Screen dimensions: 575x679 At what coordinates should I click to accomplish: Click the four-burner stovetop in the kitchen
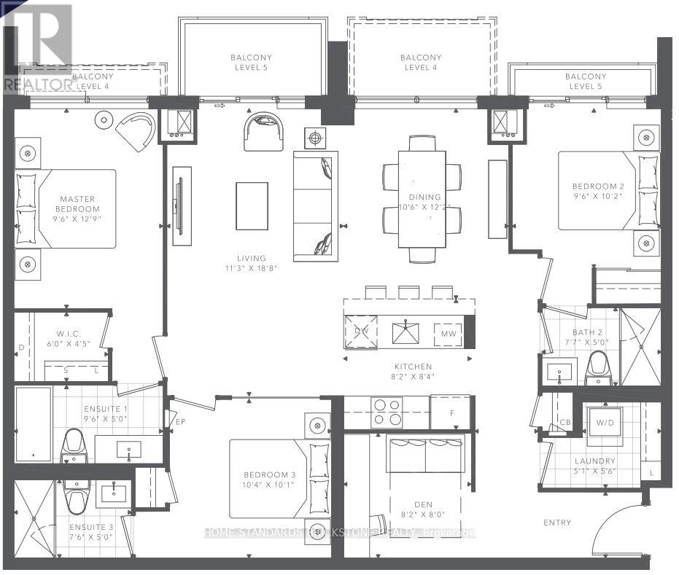pos(387,412)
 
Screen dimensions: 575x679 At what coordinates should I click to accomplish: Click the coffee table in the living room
pos(252,206)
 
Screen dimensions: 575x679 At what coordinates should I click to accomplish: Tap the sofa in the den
pos(426,455)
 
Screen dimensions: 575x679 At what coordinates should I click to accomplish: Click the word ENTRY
pos(557,523)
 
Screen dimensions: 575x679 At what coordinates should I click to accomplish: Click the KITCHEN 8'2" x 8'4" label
pos(412,372)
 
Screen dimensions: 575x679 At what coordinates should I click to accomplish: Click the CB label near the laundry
pos(564,423)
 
